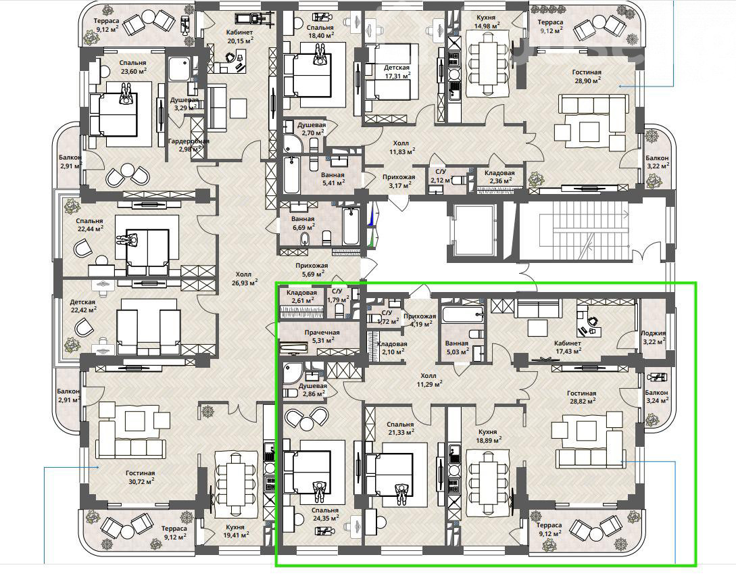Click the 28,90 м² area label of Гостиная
pos(587,80)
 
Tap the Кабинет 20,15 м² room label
pos(239,37)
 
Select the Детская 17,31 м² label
pos(397,72)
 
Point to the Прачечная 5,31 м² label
pos(322,336)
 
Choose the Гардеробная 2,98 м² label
pos(189,145)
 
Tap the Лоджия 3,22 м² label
pos(654,337)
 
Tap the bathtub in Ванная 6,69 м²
pos(351,226)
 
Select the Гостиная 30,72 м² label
pos(141,477)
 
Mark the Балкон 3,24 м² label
pos(656,396)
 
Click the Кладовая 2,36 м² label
pos(499,176)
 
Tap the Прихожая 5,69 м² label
pos(312,270)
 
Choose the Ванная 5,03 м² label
pos(457,347)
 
